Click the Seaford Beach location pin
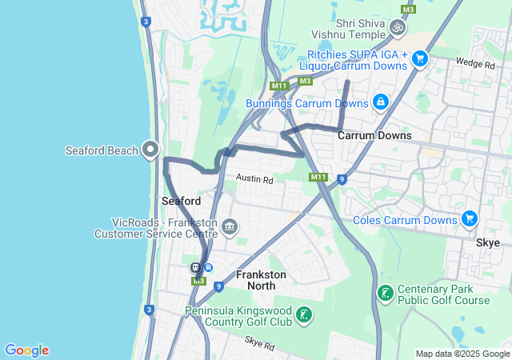tap(150, 149)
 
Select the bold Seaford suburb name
tap(181, 201)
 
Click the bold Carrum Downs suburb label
tap(374, 135)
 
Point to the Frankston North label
tap(261, 280)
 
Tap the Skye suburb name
tap(487, 242)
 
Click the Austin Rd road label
tap(254, 180)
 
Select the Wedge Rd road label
tap(470, 62)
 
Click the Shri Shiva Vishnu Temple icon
tap(397, 28)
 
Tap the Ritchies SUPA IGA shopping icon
tap(420, 58)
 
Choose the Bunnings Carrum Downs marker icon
tap(380, 102)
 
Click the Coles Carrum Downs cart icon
tap(469, 219)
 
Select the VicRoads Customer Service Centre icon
tap(230, 228)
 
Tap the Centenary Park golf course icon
tap(385, 294)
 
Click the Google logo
tap(26, 350)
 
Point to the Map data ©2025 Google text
tap(462, 354)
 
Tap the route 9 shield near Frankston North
tap(218, 286)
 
